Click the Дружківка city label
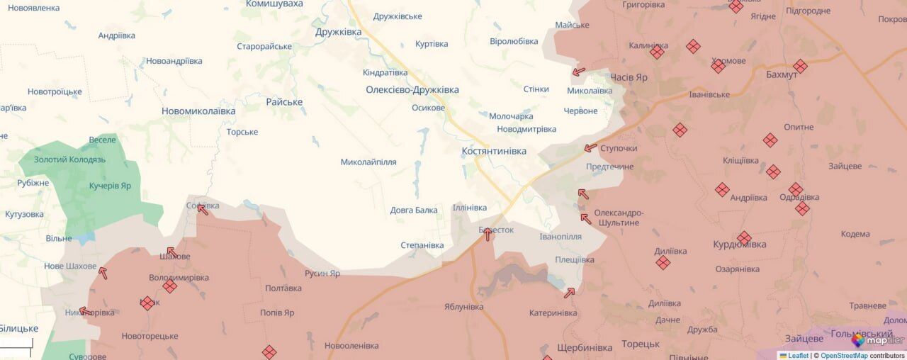338,32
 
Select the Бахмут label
782,74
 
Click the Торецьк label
641,344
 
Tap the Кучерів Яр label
110,186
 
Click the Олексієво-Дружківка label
412,90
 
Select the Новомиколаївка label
198,111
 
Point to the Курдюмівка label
739,244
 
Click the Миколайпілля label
368,162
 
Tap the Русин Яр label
322,274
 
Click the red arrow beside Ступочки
590,148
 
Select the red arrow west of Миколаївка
578,72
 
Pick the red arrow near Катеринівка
570,292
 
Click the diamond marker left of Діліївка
663,263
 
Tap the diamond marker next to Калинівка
657,52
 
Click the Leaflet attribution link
798,356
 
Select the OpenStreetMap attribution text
843,356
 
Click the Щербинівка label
585,348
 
